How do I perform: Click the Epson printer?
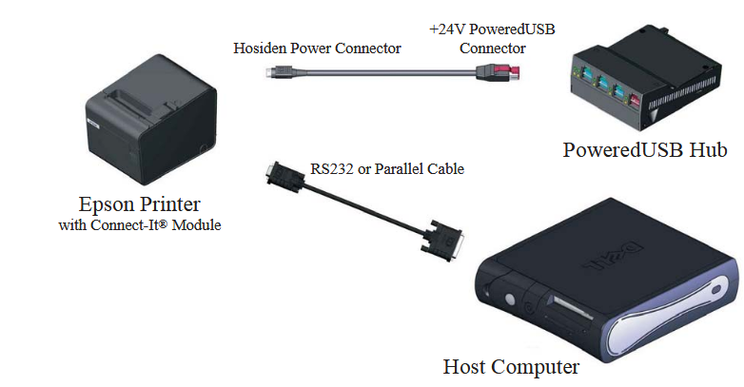pos(151,120)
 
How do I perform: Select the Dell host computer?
pos(608,280)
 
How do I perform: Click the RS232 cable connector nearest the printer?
pos(284,175)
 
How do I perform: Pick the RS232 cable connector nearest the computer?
pos(441,240)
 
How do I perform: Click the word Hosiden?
pos(260,48)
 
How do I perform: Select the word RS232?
pos(332,169)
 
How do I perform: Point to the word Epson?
pos(107,204)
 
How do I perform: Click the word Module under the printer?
pos(196,224)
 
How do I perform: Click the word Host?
pos(464,367)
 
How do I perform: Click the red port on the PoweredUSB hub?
pos(635,101)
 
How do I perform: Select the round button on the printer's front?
pos(203,148)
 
